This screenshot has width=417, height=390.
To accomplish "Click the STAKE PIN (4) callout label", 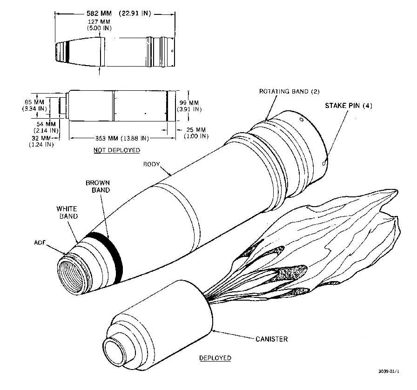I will click(x=349, y=106).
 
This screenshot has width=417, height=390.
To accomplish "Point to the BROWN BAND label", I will click(x=98, y=187).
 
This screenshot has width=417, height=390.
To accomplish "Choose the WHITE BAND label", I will click(x=67, y=213).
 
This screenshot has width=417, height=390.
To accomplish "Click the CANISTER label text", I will click(x=271, y=339).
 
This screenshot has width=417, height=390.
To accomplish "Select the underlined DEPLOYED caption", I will click(x=215, y=358).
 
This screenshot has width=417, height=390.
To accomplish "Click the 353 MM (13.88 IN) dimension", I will click(x=120, y=138).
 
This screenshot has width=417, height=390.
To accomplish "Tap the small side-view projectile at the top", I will click(x=114, y=50).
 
